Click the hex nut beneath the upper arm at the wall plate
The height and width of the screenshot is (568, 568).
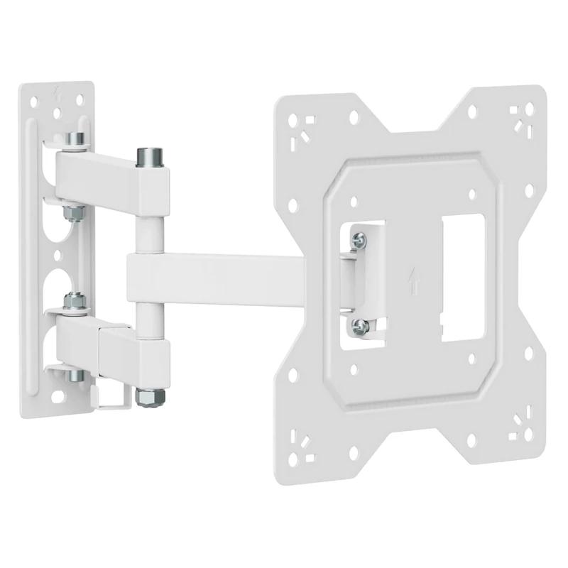click(x=72, y=211)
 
